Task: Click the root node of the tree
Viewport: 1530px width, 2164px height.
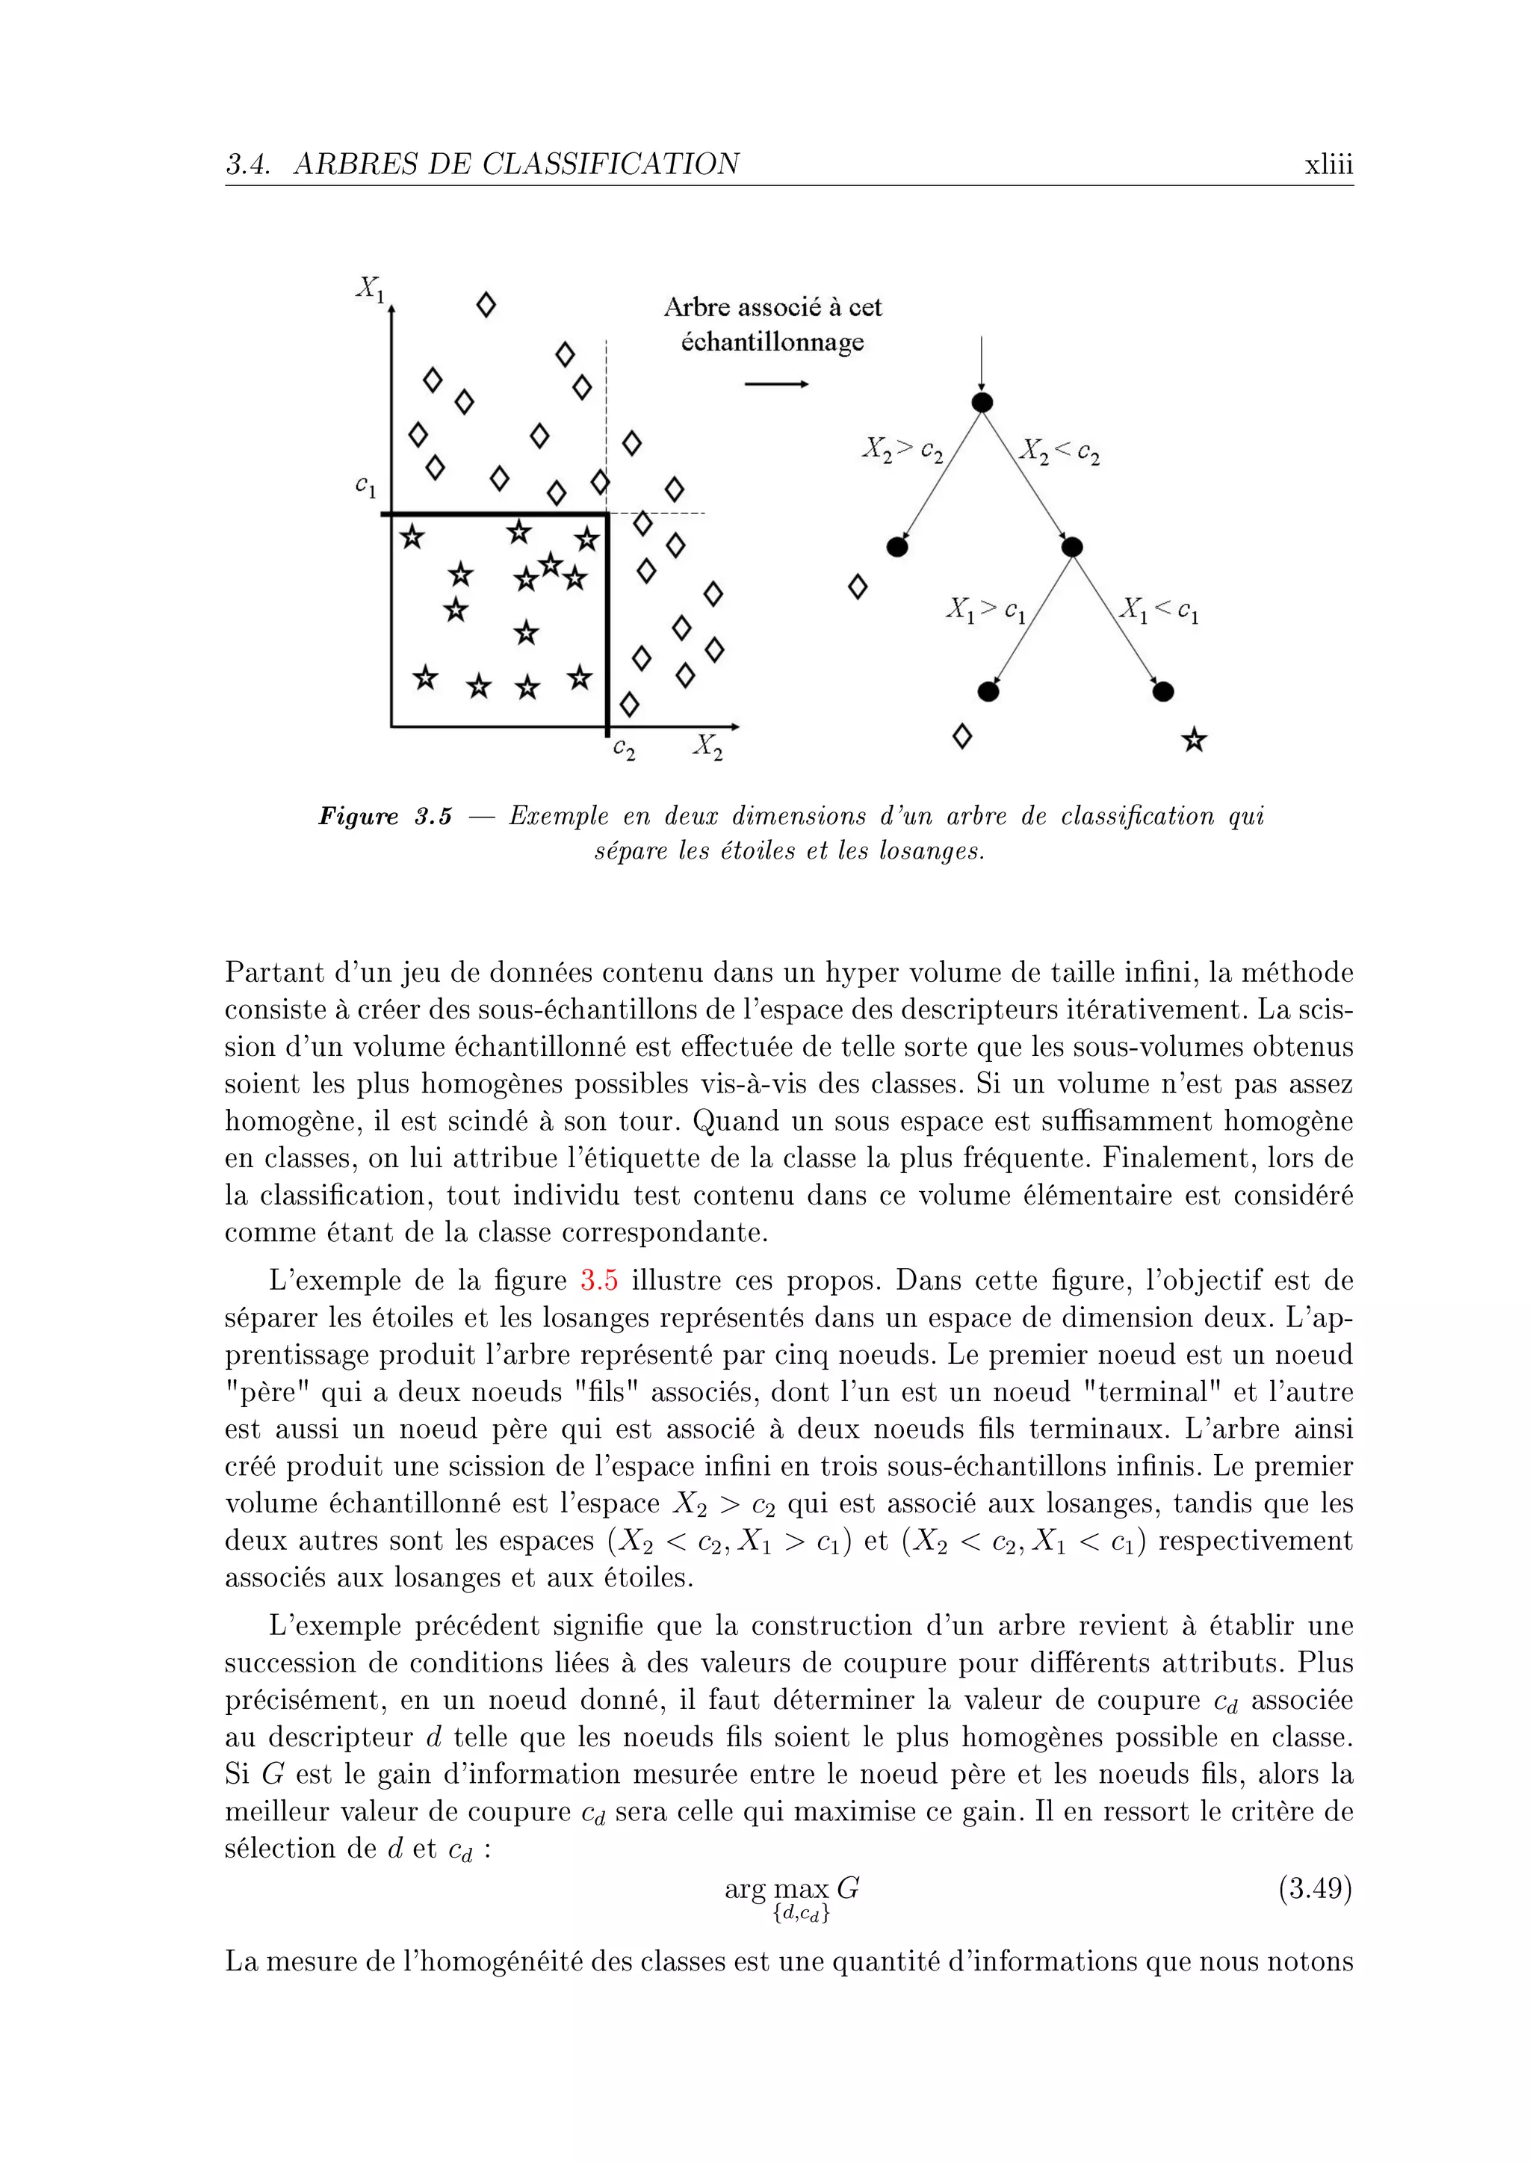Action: [x=982, y=404]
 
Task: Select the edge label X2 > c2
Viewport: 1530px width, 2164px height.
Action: [x=902, y=451]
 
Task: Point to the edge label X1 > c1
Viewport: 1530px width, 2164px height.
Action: [x=985, y=610]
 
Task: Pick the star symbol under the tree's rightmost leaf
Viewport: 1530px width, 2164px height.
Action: [x=1194, y=741]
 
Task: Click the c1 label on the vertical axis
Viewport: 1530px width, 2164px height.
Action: [x=365, y=486]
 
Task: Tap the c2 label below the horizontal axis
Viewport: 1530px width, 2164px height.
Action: [x=624, y=749]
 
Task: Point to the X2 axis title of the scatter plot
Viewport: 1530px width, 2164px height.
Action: [x=707, y=746]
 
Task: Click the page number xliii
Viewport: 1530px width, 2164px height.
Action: [x=1328, y=165]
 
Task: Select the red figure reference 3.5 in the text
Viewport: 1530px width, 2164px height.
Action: [x=599, y=1281]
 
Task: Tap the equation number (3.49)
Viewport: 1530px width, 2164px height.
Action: [x=1315, y=1889]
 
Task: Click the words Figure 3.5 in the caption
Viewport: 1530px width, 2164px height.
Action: [x=385, y=816]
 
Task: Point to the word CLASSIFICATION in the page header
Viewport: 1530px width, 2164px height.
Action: [x=610, y=165]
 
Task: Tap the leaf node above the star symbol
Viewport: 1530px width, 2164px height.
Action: [x=1163, y=692]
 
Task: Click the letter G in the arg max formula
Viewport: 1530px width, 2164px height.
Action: [x=848, y=1888]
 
